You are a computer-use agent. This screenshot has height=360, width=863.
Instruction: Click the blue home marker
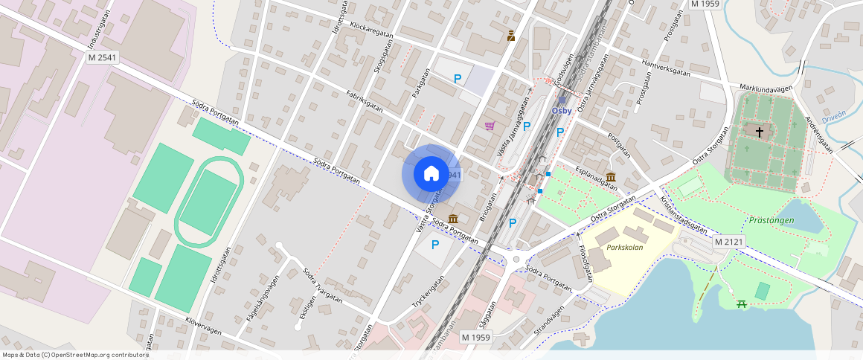431,174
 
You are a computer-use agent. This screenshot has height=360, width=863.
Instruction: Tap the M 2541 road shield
102,57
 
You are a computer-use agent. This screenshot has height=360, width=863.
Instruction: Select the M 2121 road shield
730,242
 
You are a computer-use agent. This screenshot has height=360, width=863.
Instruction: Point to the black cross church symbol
759,132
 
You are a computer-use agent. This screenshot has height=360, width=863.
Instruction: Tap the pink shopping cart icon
490,126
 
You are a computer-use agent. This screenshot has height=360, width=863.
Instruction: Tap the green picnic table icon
741,303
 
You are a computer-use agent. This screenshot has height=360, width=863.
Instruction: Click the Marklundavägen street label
766,88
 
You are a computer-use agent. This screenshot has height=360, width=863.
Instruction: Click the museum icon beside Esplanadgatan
610,177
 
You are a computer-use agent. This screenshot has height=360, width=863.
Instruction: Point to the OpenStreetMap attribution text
75,355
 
